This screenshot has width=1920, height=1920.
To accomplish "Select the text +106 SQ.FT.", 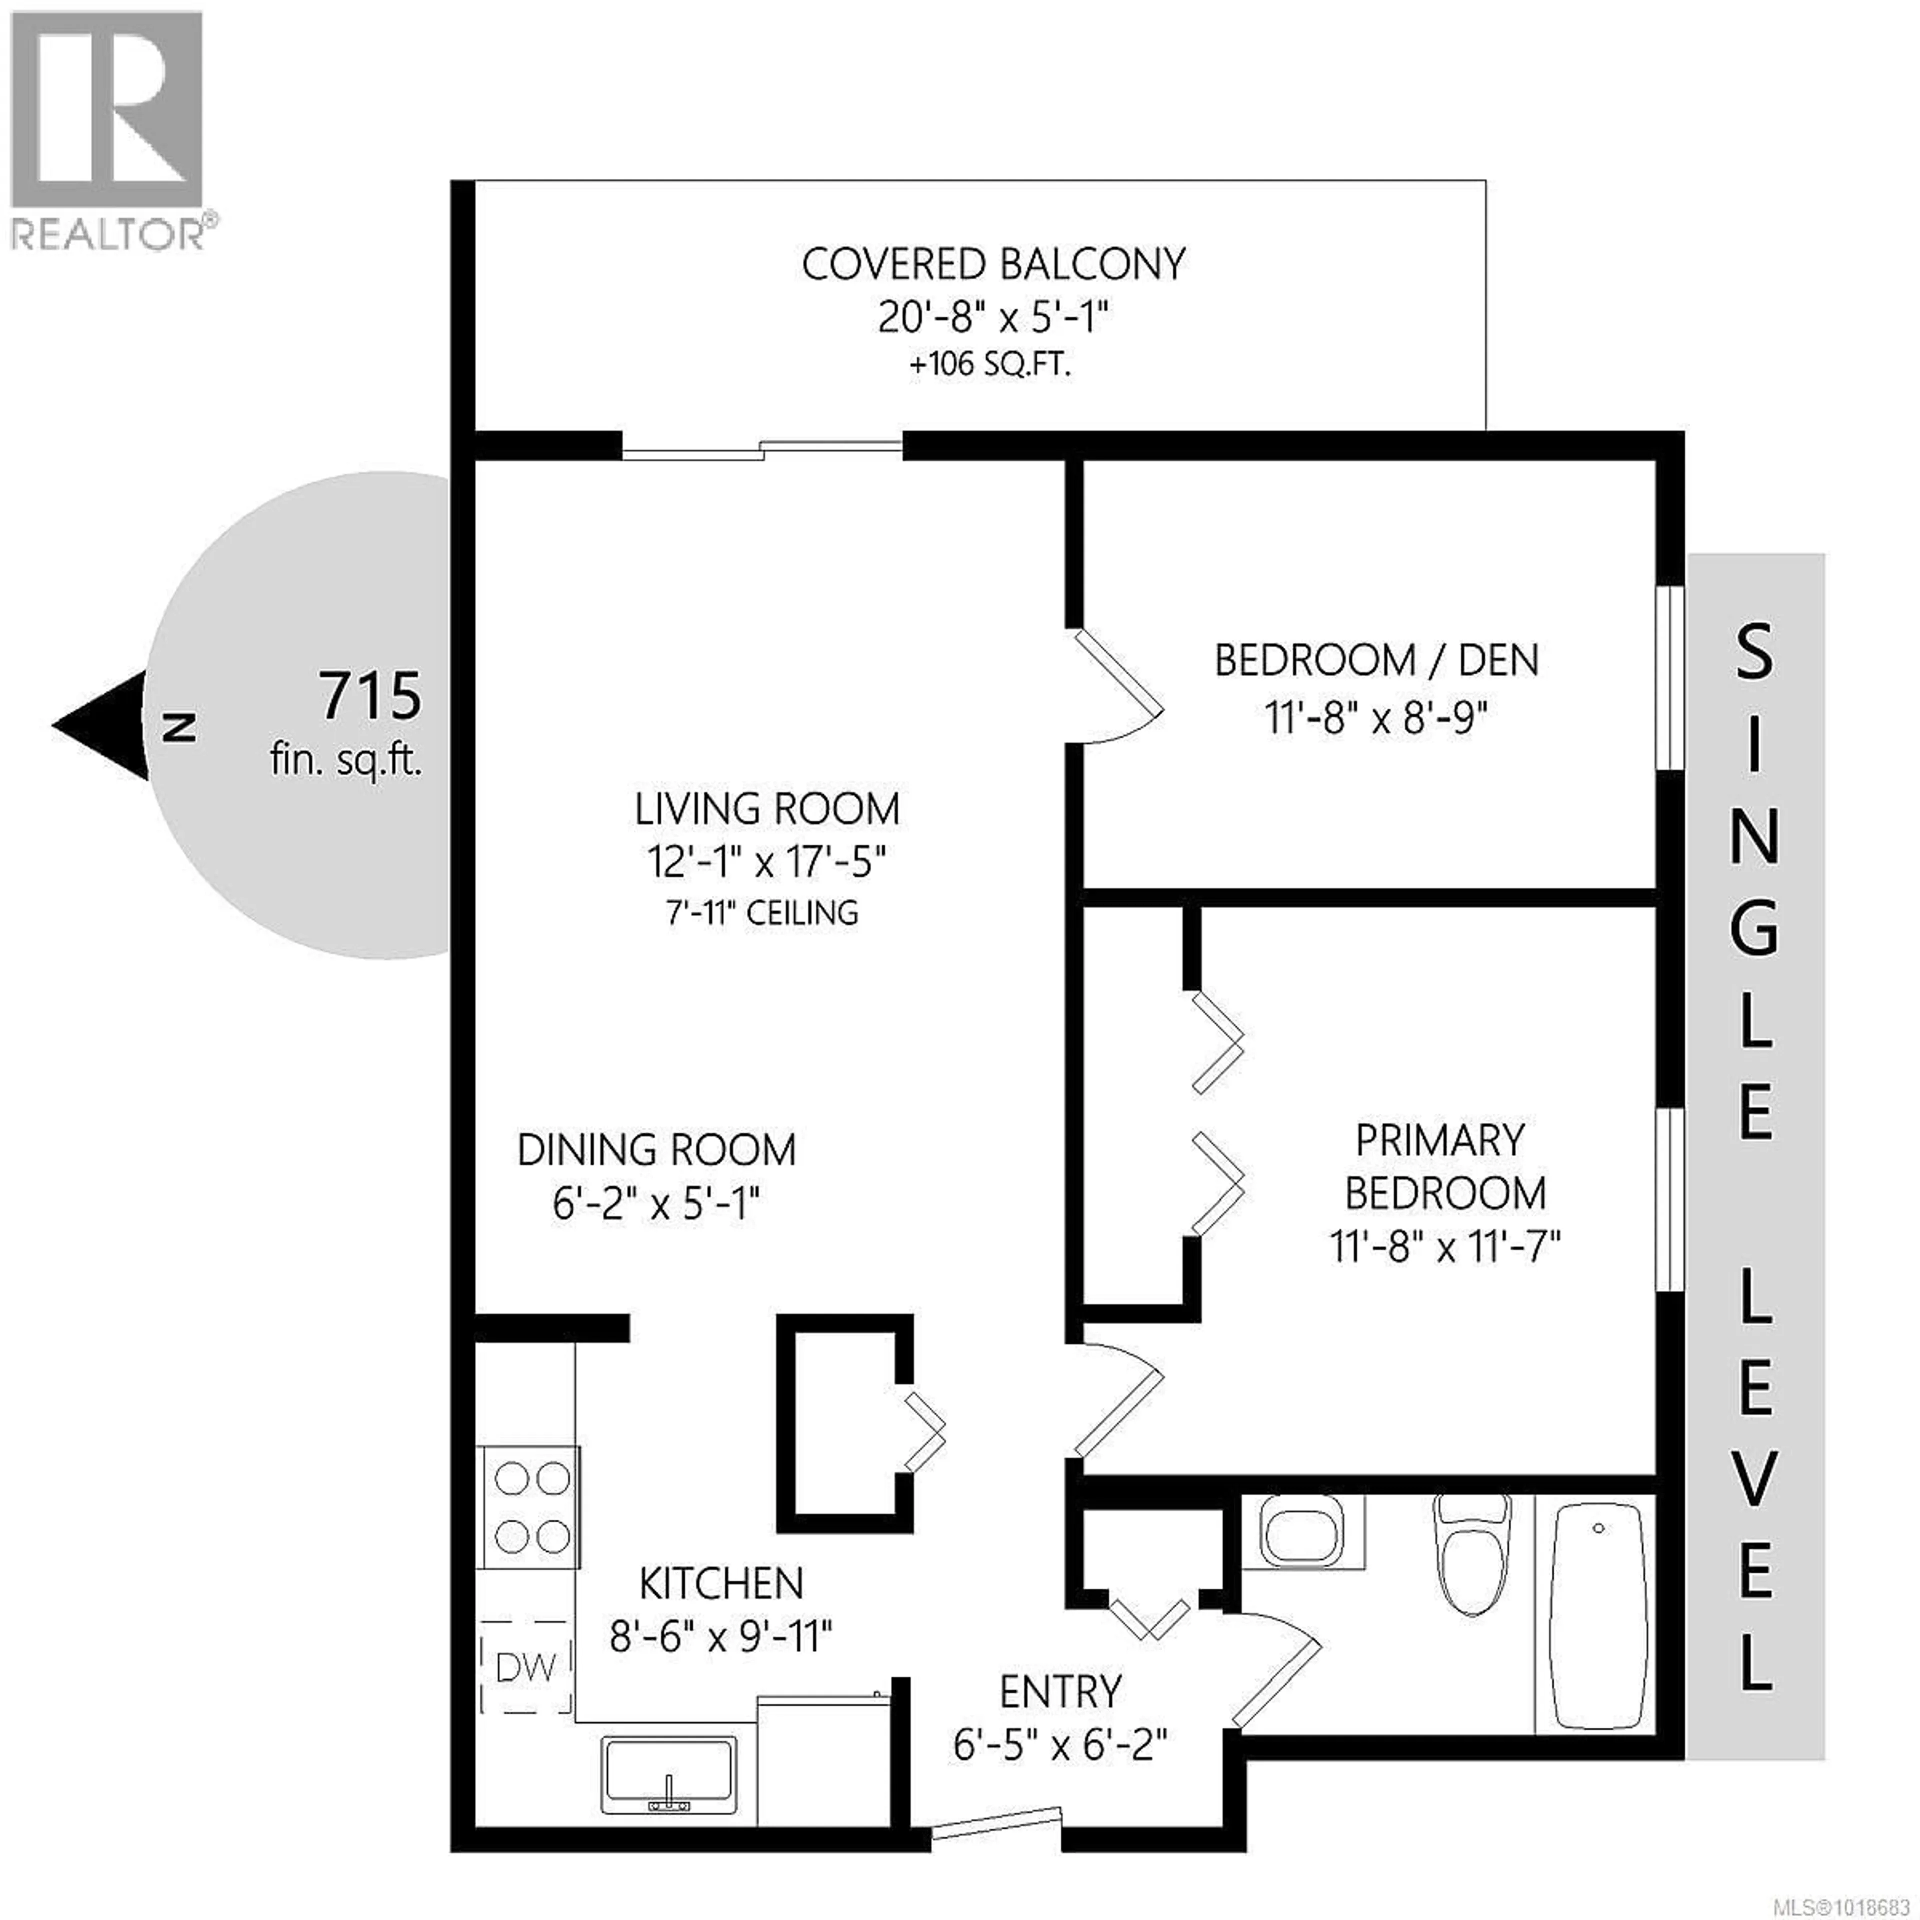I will coord(991,364).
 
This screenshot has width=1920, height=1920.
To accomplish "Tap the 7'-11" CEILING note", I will coord(762,912).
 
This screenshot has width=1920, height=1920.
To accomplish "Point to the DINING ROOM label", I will coord(656,1150).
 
